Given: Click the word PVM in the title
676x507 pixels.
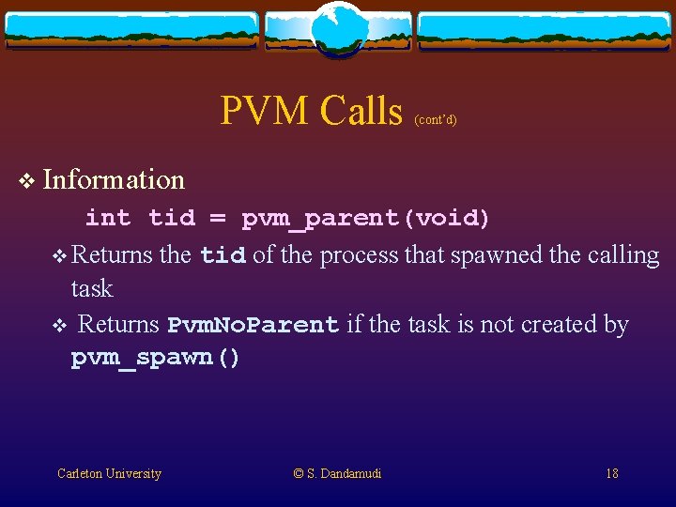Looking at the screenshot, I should [x=265, y=111].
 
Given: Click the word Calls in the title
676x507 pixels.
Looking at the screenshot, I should [x=361, y=111].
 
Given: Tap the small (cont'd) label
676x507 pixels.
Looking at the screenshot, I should [x=435, y=120].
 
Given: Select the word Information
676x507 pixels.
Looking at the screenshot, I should [x=114, y=178].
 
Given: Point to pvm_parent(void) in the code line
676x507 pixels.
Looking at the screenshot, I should [x=365, y=219].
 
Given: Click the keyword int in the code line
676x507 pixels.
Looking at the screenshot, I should [x=108, y=219].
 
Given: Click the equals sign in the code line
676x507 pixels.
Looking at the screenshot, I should [x=217, y=219].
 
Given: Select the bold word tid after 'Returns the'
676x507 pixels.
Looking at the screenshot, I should [x=223, y=255].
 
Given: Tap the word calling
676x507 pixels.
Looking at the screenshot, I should [x=625, y=255].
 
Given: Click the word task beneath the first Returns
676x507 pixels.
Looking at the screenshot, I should [x=92, y=288].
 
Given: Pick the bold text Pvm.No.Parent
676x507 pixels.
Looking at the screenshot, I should [x=253, y=325].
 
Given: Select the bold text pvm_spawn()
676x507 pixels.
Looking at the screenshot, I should [x=156, y=359].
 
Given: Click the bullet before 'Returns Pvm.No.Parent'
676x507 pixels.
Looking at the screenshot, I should [x=57, y=326].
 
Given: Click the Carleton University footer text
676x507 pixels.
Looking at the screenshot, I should [x=109, y=473].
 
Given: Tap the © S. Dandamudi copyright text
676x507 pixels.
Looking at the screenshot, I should [x=337, y=473].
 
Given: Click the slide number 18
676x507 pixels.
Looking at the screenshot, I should [x=611, y=473].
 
